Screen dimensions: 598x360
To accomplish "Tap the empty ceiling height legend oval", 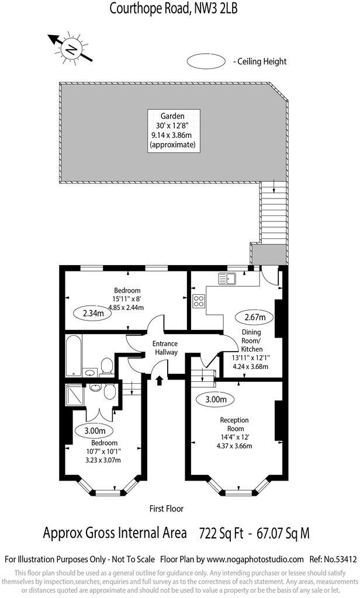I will point(207,61).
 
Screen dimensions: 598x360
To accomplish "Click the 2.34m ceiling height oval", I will point(92,313).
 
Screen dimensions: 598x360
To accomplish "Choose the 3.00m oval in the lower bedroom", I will point(95,431).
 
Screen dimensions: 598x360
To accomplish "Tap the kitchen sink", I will point(227,278).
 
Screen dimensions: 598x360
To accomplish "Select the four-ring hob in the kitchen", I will point(199,301).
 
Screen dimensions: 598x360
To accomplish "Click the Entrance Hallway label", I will point(165,348).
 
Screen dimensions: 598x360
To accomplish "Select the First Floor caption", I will point(167,509).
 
